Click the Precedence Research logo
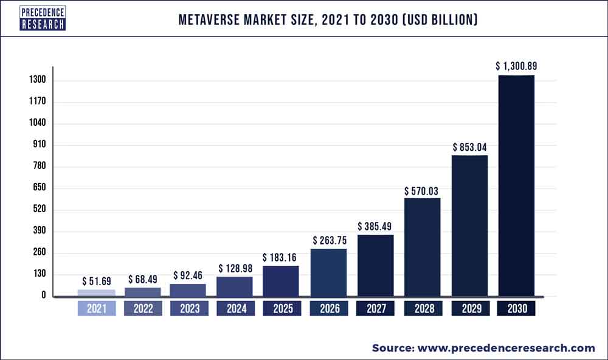(x=43, y=18)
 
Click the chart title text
(x=328, y=20)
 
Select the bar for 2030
(x=516, y=185)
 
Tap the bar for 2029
(x=469, y=226)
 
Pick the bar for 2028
(x=422, y=247)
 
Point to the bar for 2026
(x=328, y=272)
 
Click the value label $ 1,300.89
(x=516, y=66)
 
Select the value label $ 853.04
(x=469, y=147)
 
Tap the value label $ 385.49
(x=375, y=226)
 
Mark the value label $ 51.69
(x=96, y=281)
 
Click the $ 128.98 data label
(x=235, y=268)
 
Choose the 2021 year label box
(x=96, y=309)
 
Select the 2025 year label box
(x=281, y=309)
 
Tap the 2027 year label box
(x=375, y=309)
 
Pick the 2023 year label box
(x=188, y=309)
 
